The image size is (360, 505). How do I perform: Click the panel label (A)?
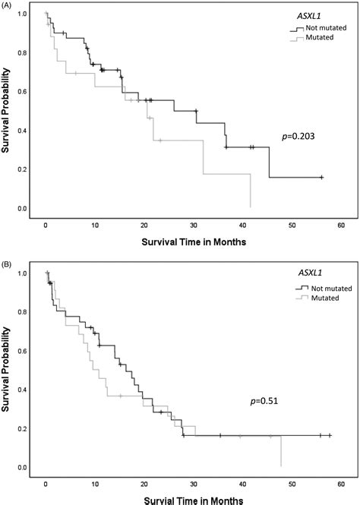(8, 5)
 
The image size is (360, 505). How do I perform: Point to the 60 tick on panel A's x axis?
(341, 226)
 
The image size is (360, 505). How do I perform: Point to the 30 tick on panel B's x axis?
(193, 484)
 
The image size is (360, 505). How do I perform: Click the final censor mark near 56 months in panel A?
(321, 177)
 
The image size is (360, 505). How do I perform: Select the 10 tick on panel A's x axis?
(95, 226)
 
